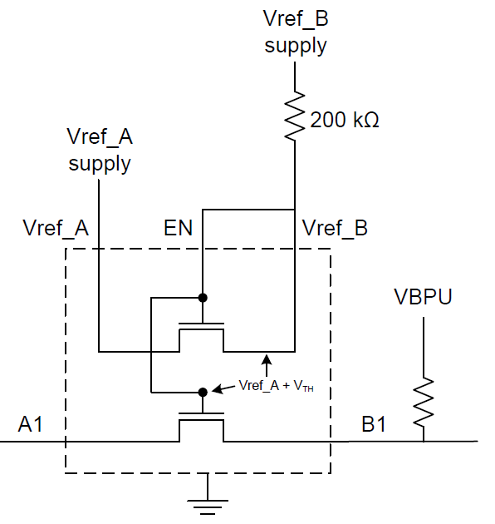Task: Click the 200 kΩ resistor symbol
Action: [x=295, y=116]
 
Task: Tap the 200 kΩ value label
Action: [x=345, y=120]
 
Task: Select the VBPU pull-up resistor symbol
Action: [x=424, y=403]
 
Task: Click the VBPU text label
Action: [x=423, y=296]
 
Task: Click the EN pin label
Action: [x=179, y=228]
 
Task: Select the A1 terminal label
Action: [x=31, y=424]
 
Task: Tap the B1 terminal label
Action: [x=374, y=424]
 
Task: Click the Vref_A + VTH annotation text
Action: [x=276, y=386]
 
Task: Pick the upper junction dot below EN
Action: [x=203, y=298]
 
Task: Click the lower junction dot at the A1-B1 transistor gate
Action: [x=203, y=392]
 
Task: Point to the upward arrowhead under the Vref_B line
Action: [x=267, y=359]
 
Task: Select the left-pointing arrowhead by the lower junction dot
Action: [x=218, y=389]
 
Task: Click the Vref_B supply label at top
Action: [x=296, y=32]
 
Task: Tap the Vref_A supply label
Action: [x=100, y=151]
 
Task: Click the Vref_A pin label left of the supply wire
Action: [x=56, y=228]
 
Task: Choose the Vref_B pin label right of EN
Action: [x=335, y=228]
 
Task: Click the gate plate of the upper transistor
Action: [x=201, y=324]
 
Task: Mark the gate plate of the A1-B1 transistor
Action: [x=201, y=413]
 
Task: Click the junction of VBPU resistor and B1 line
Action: [x=424, y=442]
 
